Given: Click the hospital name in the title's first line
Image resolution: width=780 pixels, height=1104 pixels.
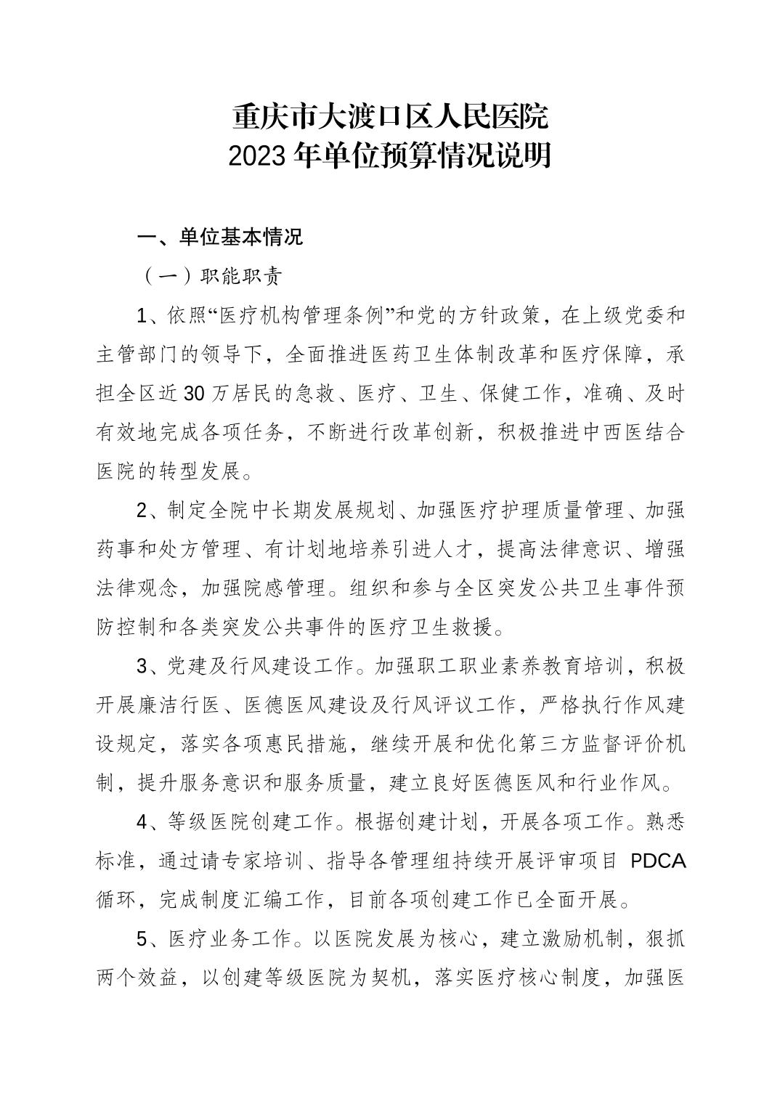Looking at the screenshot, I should pos(390,116).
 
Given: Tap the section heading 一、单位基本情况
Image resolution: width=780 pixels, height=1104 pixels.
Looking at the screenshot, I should pos(220,238).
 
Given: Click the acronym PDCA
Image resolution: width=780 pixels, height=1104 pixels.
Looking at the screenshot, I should pos(657,861).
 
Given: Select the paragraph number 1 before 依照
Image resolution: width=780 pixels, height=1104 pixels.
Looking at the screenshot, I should pos(142,316).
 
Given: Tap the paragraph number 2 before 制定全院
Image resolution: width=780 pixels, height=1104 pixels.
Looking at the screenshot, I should pos(142,511).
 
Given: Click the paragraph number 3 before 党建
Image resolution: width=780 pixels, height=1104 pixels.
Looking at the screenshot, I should pos(142,666).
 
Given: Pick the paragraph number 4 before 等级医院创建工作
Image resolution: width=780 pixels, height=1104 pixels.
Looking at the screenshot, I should pos(142,822).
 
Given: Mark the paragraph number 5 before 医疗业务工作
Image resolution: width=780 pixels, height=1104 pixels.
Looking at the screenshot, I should pos(142,940).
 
